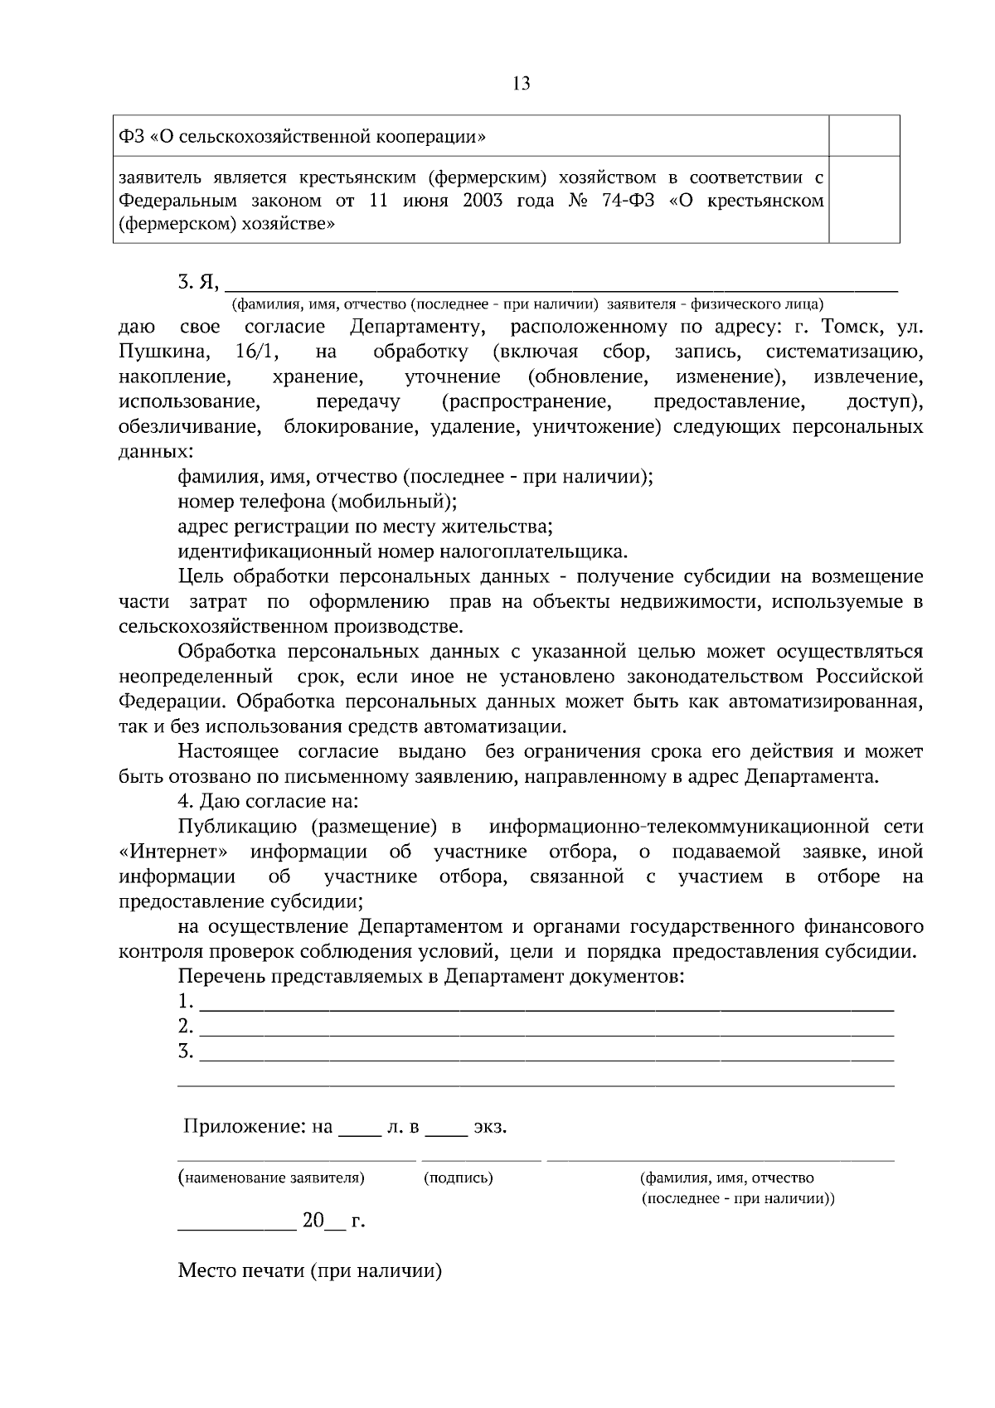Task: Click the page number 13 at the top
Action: coord(522,83)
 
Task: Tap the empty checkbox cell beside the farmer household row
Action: coord(864,200)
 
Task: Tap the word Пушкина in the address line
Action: coord(163,352)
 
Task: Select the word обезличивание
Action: coord(188,427)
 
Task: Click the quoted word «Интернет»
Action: coord(173,852)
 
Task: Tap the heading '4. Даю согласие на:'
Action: coord(268,802)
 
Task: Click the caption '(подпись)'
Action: coord(458,1177)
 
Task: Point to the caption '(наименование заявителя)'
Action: coord(271,1177)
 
